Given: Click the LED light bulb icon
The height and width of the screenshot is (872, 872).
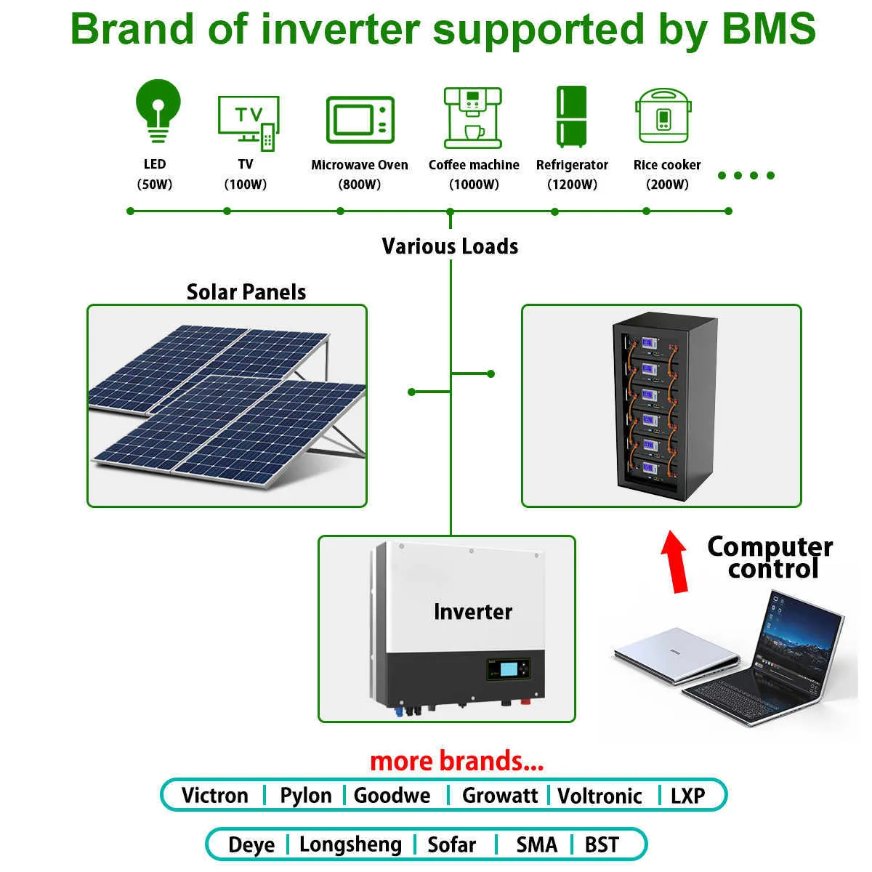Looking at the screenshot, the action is [x=158, y=111].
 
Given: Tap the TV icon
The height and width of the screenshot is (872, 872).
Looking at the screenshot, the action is [x=249, y=123].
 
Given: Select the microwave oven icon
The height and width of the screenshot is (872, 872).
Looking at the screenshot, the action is [x=360, y=119].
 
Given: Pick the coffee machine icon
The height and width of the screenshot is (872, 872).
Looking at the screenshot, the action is [x=473, y=118].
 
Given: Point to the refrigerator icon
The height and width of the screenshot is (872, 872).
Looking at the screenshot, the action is [x=571, y=116].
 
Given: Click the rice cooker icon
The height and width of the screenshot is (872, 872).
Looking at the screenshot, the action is [x=663, y=116].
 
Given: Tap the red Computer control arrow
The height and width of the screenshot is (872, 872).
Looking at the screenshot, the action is [x=674, y=562].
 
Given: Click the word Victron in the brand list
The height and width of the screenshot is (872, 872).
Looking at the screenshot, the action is [x=215, y=796].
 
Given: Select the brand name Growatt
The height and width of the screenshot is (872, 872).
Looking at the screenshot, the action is [x=500, y=796].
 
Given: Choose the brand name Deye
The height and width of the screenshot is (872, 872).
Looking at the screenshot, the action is [x=251, y=845].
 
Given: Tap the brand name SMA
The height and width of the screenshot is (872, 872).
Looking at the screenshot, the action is [x=537, y=845].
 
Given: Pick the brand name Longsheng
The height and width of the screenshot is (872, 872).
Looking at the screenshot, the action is [x=351, y=845].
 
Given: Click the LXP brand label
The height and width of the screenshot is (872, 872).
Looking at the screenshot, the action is [x=688, y=796].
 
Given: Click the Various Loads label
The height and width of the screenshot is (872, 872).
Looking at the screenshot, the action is [x=450, y=246].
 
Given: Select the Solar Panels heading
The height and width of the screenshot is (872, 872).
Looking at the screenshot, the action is [x=246, y=292].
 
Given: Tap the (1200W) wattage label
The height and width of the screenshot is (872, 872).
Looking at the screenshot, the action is [x=572, y=185].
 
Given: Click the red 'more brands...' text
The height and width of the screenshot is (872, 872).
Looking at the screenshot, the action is [x=457, y=761].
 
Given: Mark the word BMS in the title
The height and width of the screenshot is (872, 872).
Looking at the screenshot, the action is [x=769, y=28].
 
